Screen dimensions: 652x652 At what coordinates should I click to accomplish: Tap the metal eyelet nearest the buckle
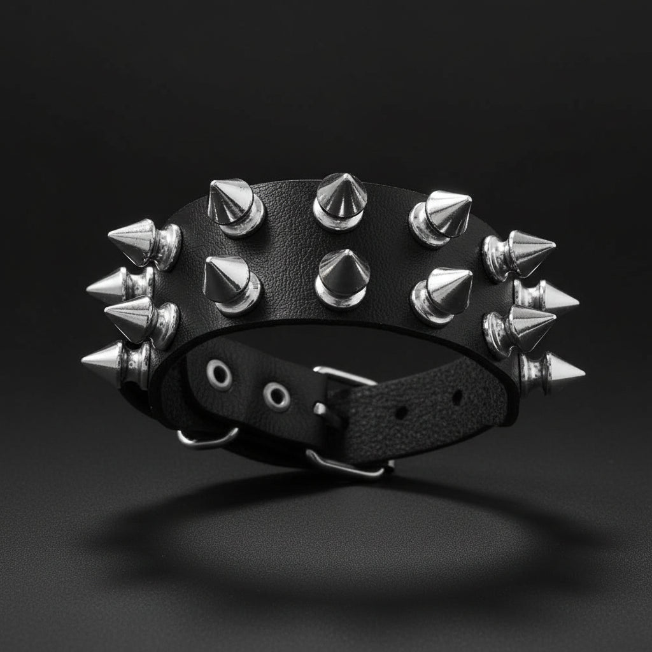[277, 397]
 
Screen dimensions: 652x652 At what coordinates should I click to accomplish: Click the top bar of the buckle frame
[344, 376]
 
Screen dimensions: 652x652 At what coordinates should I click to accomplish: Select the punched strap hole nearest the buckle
[401, 412]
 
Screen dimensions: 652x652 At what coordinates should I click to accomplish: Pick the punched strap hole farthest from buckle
[457, 397]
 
